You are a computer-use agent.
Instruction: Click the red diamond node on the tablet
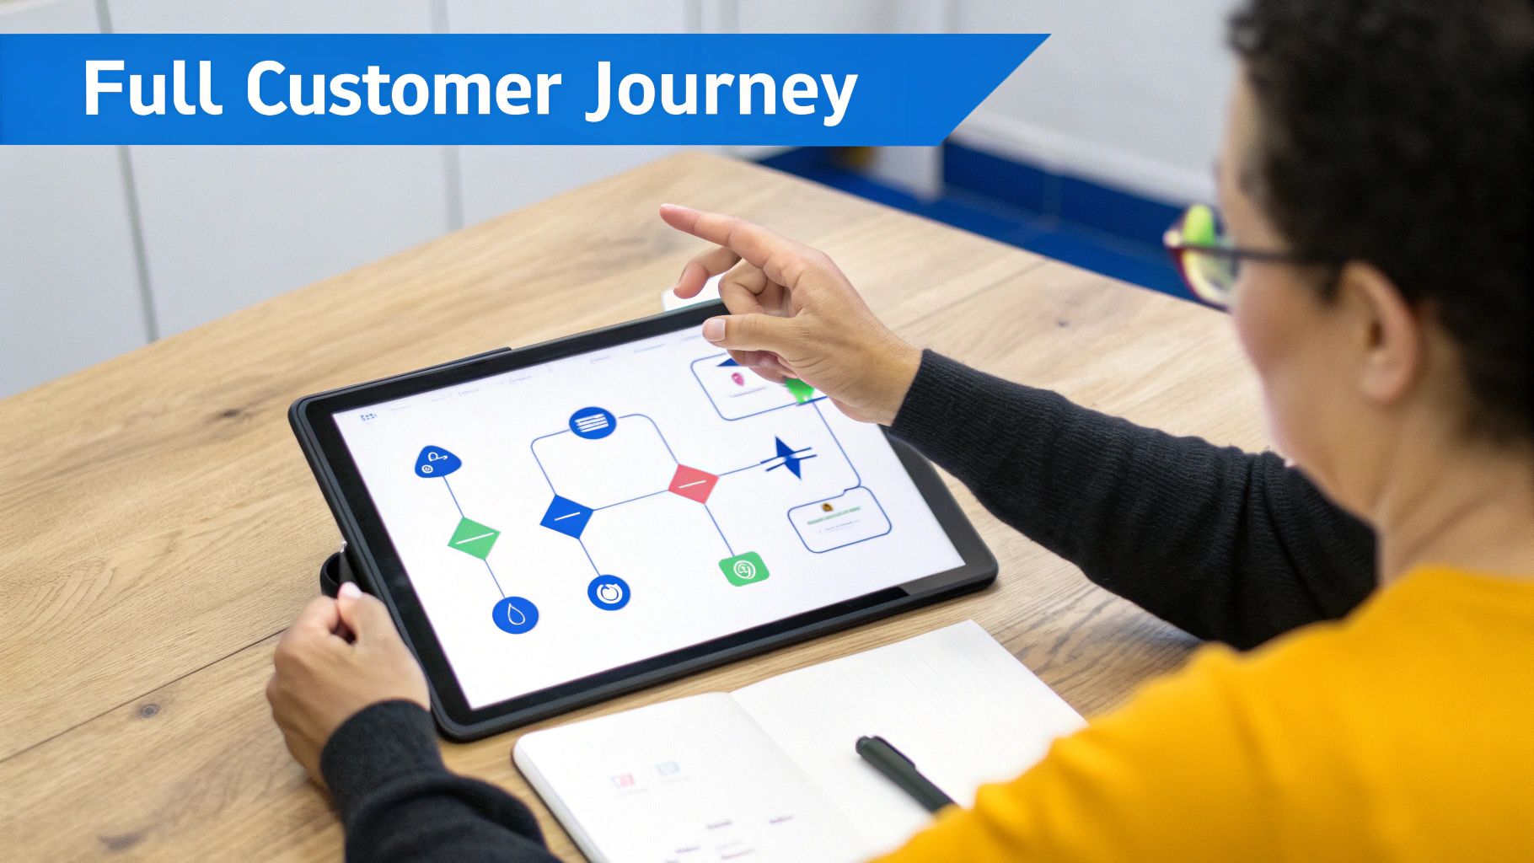[x=693, y=483]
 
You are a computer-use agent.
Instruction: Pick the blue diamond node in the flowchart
[x=566, y=515]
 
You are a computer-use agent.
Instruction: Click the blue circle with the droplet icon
[x=515, y=614]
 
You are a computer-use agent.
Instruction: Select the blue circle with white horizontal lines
[x=593, y=423]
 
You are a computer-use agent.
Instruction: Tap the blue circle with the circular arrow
[x=609, y=591]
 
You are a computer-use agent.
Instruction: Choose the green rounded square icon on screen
[x=744, y=570]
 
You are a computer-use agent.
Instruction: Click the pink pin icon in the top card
[x=738, y=380]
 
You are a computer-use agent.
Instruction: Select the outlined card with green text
[x=839, y=518]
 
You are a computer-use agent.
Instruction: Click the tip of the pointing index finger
[x=667, y=212]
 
